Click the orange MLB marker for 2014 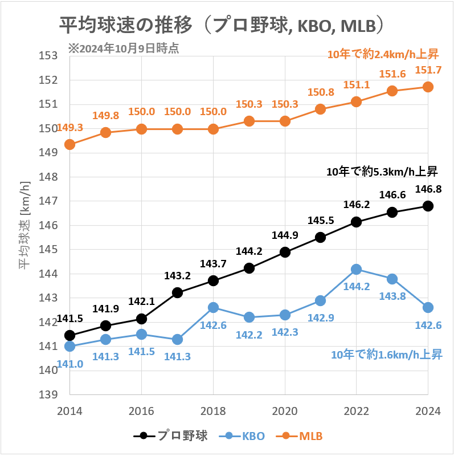(x=69, y=145)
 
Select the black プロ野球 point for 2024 (x=428, y=206)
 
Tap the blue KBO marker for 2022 (x=356, y=269)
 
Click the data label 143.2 (x=177, y=276)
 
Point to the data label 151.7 (x=428, y=70)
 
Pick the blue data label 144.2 (x=356, y=286)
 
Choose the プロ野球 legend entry (x=171, y=436)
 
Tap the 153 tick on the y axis (x=51, y=56)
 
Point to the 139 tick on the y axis (x=51, y=394)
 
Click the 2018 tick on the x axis (x=213, y=411)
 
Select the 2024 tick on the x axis (x=428, y=411)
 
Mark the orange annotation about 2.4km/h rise (x=382, y=54)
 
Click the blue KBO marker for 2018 (x=213, y=308)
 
